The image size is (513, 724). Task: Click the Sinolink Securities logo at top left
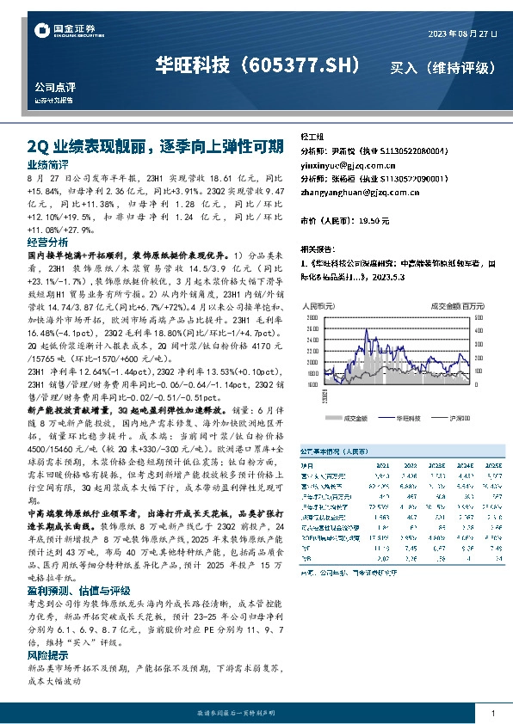click(59, 32)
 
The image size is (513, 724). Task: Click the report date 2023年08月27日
click(462, 34)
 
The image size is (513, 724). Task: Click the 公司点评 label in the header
click(53, 88)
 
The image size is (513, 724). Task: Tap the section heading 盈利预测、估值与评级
click(78, 590)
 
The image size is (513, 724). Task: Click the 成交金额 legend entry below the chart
click(355, 417)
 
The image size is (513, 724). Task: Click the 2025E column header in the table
click(492, 464)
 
